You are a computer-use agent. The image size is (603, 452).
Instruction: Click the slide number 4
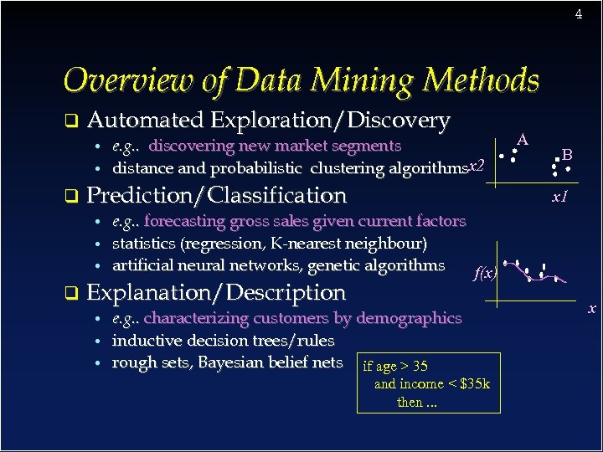click(x=578, y=14)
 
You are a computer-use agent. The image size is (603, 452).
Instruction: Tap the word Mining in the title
click(x=363, y=80)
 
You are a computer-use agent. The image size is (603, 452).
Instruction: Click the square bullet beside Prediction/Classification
click(x=71, y=197)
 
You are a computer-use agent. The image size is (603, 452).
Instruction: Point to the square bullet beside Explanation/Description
click(x=71, y=294)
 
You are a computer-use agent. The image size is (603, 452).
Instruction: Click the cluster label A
click(x=523, y=139)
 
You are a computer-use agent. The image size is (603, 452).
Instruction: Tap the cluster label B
click(x=567, y=154)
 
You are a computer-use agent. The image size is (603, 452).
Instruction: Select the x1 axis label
click(x=560, y=198)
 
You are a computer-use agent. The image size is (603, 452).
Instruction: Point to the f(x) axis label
click(x=485, y=273)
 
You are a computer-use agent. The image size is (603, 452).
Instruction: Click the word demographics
click(x=409, y=318)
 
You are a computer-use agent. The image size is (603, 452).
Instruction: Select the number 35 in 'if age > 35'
click(x=420, y=366)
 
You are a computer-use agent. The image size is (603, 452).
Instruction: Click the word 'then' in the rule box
click(x=410, y=403)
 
